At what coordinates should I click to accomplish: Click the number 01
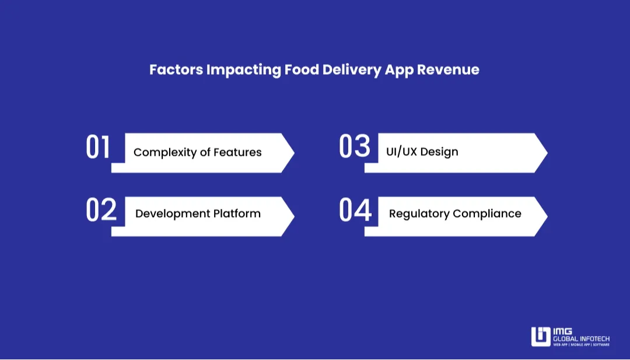98,148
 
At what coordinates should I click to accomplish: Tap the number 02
101,211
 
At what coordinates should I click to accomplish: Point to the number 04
355,211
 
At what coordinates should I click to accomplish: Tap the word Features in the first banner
237,152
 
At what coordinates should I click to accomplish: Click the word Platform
236,214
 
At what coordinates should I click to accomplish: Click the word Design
439,152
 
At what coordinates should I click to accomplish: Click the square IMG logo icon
540,337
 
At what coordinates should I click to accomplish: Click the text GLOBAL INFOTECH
581,338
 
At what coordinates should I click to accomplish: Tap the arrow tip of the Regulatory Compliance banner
546,216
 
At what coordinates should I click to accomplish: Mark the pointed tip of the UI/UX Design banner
546,153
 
